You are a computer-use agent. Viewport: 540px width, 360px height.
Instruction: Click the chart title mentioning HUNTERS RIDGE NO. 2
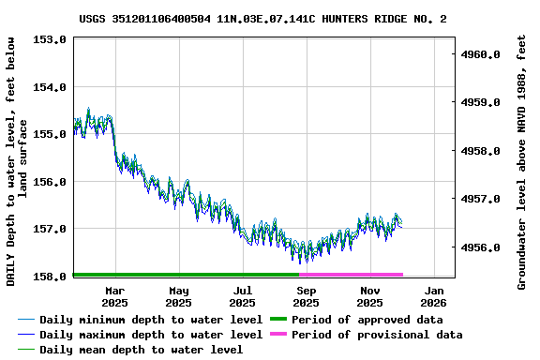pyautogui.click(x=262, y=19)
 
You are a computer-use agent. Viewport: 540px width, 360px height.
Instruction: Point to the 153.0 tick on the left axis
pyautogui.click(x=49, y=39)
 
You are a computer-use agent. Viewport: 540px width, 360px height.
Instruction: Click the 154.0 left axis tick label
pyautogui.click(x=49, y=87)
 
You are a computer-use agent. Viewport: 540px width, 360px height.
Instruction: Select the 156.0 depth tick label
pyautogui.click(x=49, y=181)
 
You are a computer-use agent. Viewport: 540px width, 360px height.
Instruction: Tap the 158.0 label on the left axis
pyautogui.click(x=49, y=276)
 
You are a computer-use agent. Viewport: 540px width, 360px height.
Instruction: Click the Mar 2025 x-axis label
pyautogui.click(x=114, y=296)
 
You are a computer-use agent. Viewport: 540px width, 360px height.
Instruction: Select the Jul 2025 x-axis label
pyautogui.click(x=242, y=296)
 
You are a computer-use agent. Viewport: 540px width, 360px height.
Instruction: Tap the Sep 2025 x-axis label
pyautogui.click(x=306, y=296)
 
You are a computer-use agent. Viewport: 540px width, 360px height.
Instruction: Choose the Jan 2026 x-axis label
pyautogui.click(x=433, y=296)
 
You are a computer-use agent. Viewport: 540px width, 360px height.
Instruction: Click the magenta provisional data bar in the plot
pyautogui.click(x=352, y=275)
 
